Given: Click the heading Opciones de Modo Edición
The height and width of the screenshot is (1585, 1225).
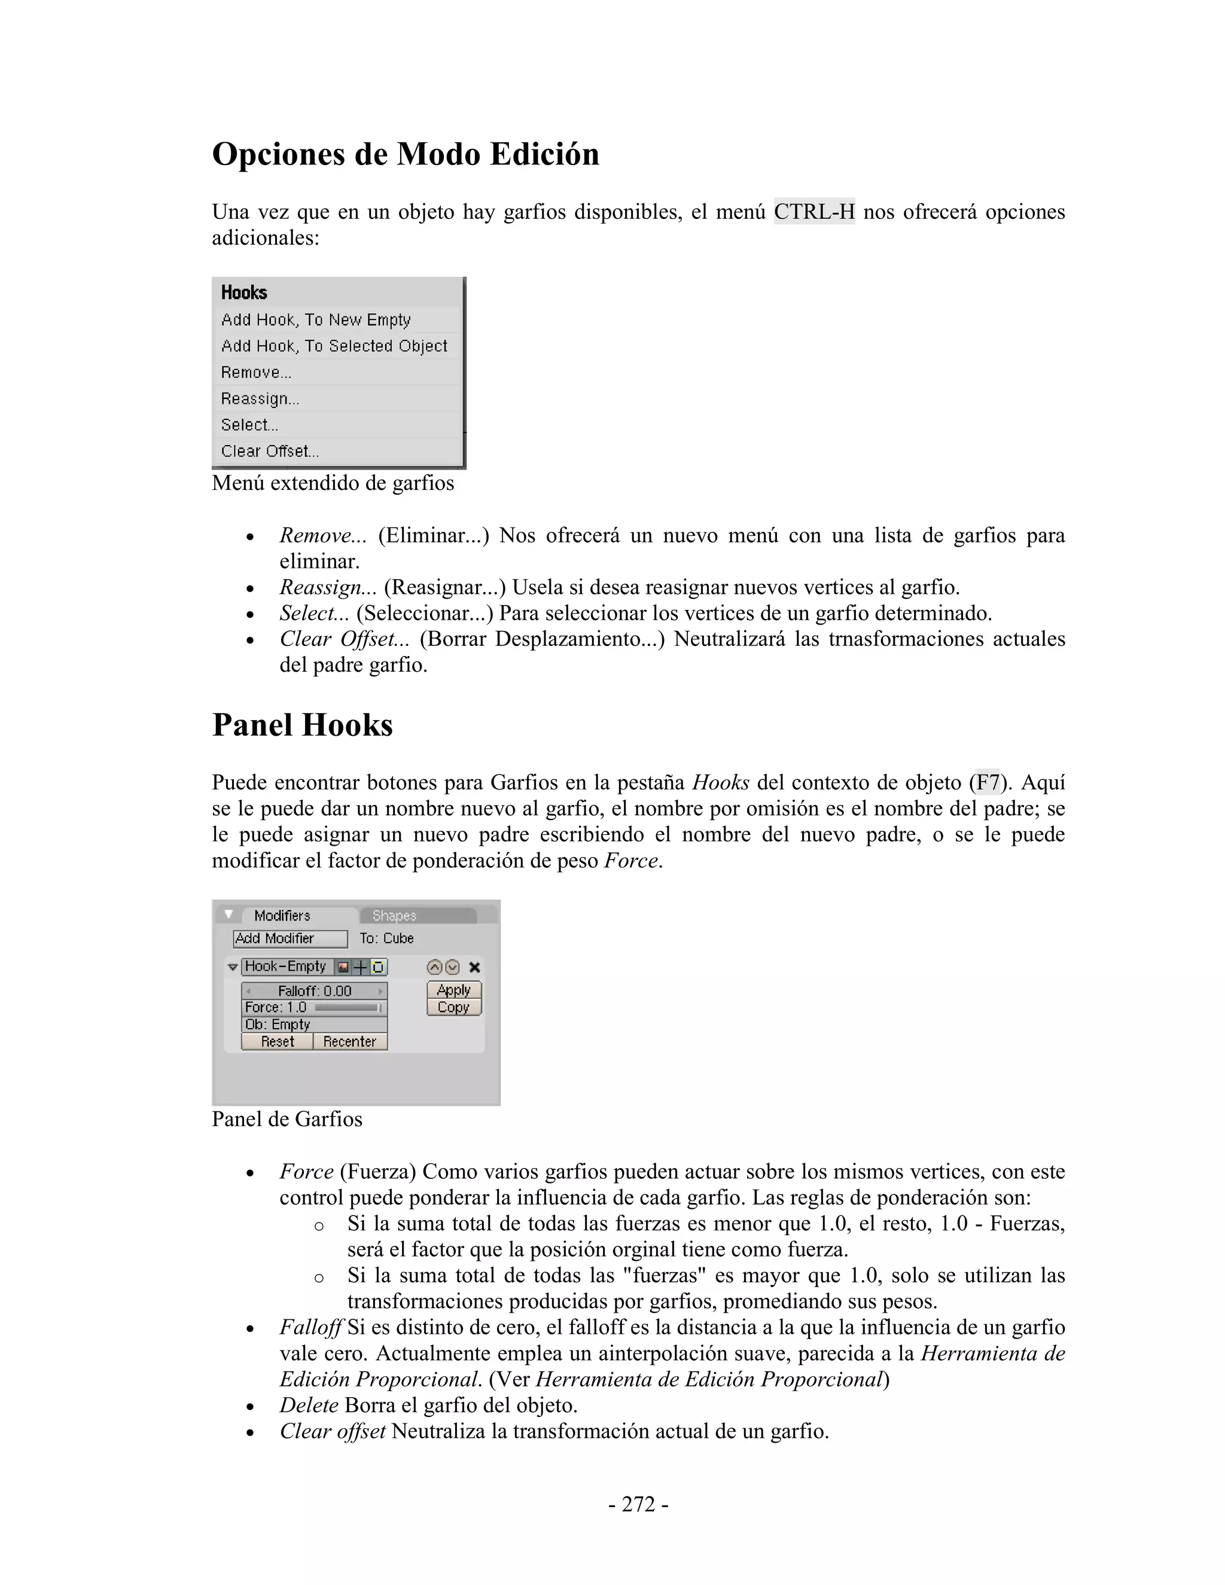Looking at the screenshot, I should [x=405, y=154].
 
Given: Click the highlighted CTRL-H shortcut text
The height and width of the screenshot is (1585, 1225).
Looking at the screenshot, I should [x=813, y=212].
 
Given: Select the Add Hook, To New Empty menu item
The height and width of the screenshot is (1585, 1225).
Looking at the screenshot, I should [x=316, y=320].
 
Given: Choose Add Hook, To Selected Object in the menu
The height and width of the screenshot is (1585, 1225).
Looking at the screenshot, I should [x=334, y=346].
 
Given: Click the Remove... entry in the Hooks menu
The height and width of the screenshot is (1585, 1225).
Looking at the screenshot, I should [x=256, y=372].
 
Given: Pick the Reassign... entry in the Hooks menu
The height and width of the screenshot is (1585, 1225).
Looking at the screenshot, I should [x=260, y=398].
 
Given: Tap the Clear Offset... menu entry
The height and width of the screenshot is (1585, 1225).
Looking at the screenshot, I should [x=270, y=451].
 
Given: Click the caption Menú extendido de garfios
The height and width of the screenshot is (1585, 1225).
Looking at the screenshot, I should [x=333, y=483].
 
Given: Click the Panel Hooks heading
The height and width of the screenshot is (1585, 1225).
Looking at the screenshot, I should [x=302, y=725].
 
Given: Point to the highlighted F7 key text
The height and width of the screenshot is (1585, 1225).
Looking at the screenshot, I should [x=987, y=782].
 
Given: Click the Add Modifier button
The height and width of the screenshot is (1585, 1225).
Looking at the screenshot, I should [x=290, y=938].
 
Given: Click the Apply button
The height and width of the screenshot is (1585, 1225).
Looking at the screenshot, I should [x=453, y=990].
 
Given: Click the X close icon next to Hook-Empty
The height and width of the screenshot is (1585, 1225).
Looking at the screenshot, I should [x=474, y=967].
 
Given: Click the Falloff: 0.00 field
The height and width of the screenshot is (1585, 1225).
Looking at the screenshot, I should [x=314, y=990].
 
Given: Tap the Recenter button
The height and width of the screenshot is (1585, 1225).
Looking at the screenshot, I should [x=350, y=1041].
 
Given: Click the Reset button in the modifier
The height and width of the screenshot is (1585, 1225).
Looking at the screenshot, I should [x=277, y=1041].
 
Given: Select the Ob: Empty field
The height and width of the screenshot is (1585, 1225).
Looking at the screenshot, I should [x=314, y=1024].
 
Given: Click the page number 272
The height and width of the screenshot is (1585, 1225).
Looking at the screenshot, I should [x=638, y=1504].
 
